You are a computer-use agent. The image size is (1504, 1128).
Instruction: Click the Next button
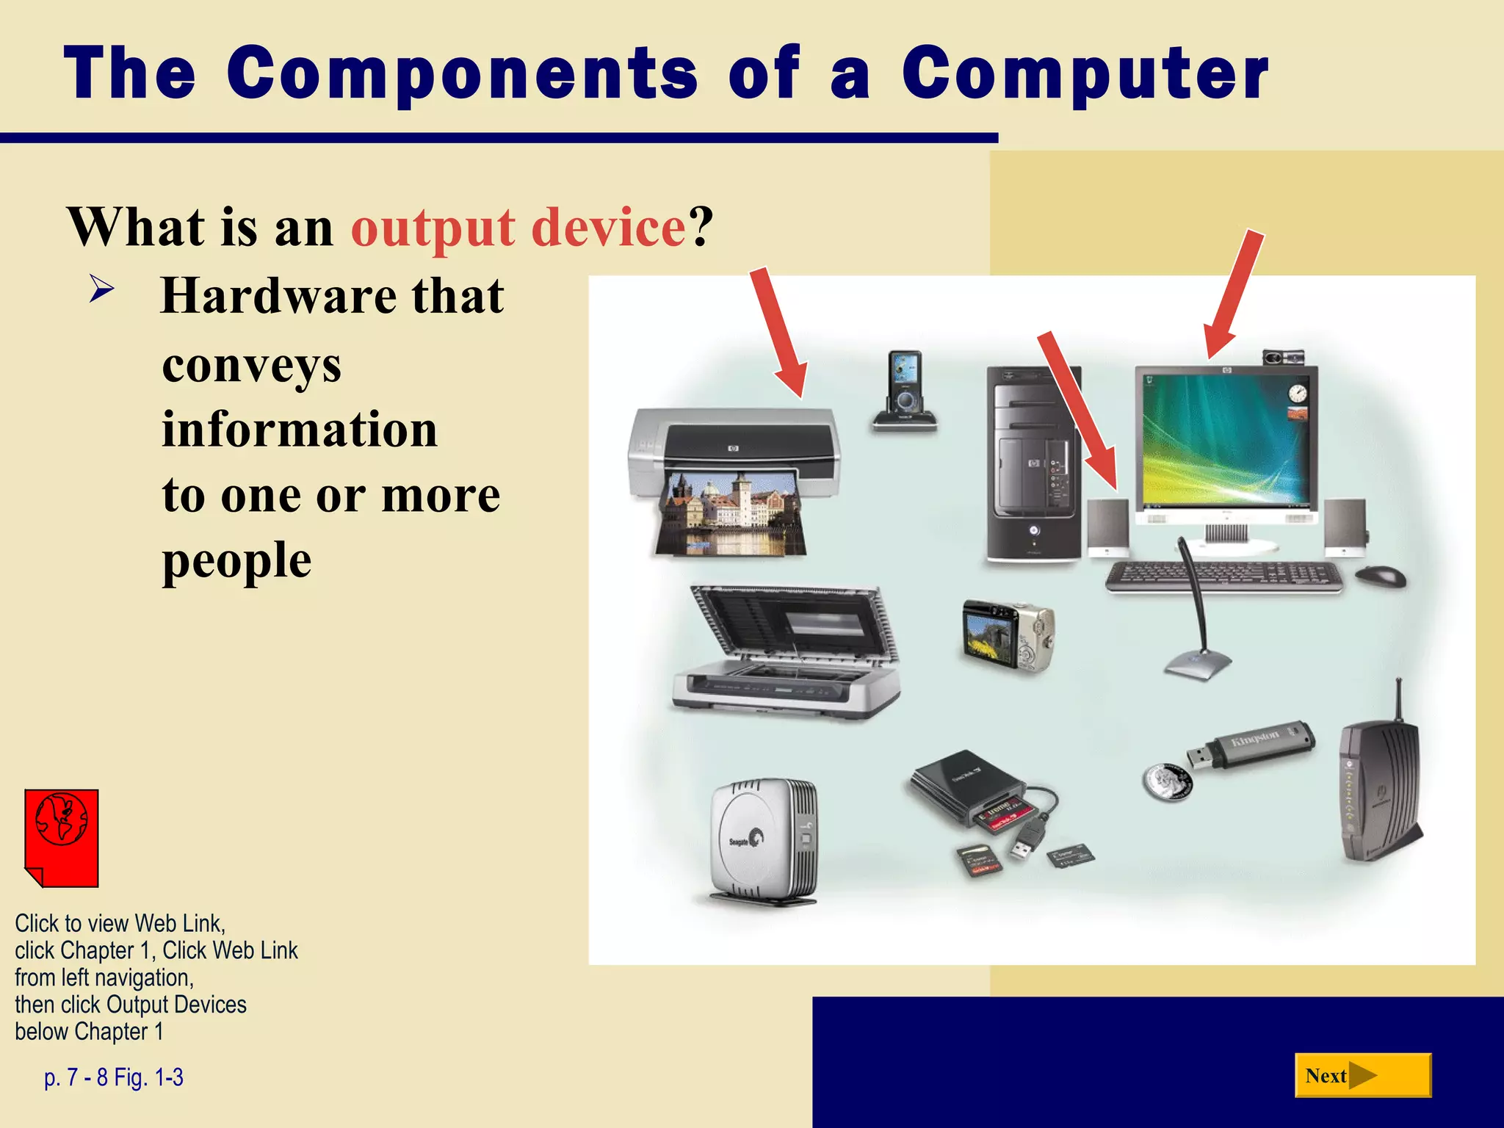[x=1362, y=1075]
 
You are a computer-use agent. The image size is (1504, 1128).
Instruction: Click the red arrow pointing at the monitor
[x=1234, y=294]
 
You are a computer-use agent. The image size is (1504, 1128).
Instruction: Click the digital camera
[x=1008, y=635]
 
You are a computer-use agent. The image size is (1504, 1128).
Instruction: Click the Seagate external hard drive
[x=764, y=841]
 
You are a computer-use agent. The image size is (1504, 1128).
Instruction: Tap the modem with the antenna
[x=1377, y=789]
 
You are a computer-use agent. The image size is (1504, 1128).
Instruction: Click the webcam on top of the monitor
[x=1282, y=357]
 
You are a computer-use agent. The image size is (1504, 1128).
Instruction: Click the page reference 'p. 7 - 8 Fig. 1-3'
[x=114, y=1077]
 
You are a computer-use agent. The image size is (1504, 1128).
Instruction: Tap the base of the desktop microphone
[x=1197, y=665]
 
